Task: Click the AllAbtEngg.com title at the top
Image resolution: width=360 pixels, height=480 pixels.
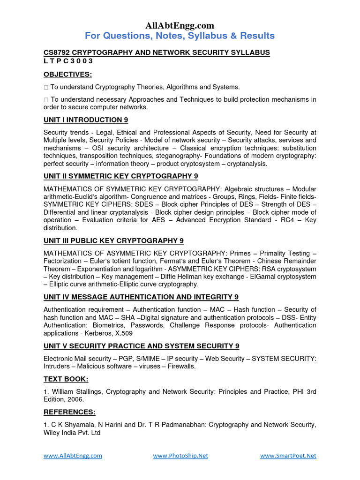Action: (x=180, y=25)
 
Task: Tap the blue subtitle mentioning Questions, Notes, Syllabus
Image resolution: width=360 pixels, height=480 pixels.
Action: (x=180, y=36)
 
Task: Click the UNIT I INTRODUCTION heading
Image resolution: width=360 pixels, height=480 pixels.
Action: (x=86, y=120)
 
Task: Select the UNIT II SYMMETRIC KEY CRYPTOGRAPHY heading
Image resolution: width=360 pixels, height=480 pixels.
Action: (x=121, y=176)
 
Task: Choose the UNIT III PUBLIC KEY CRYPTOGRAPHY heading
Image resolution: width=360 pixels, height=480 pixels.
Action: (x=113, y=240)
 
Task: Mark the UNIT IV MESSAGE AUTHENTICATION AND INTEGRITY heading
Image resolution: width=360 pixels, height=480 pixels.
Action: (x=141, y=297)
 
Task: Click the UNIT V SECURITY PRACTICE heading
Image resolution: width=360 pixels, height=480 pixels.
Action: (x=142, y=346)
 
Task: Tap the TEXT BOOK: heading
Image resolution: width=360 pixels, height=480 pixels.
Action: (x=66, y=379)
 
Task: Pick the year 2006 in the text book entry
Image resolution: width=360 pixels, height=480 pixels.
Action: (x=75, y=399)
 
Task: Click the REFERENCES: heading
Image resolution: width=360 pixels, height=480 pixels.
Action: (x=69, y=412)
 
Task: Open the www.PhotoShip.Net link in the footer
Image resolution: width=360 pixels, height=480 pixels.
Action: (x=180, y=456)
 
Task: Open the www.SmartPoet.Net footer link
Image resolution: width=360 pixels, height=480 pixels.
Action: (x=288, y=456)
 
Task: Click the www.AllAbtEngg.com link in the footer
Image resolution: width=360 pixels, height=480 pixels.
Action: (x=73, y=456)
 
